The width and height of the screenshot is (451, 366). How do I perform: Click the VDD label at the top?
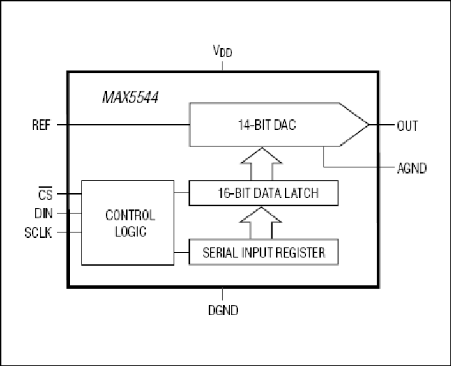[222, 52]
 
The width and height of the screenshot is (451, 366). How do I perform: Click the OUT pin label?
[408, 125]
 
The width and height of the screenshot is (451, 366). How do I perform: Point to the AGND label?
[411, 168]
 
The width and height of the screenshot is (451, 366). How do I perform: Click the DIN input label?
[42, 213]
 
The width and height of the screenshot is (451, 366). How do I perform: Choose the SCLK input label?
[39, 232]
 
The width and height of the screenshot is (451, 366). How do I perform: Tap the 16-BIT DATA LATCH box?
[263, 194]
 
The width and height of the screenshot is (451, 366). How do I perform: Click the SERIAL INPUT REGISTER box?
[263, 253]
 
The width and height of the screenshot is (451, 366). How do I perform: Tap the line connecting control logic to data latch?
[181, 194]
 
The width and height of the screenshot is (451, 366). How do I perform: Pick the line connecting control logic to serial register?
[181, 253]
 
